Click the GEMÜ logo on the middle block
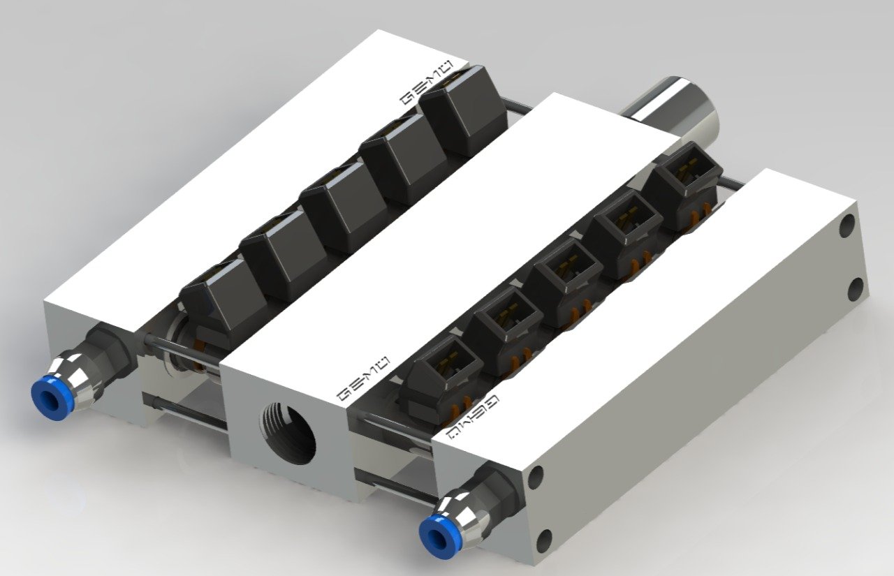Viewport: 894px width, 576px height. tap(363, 376)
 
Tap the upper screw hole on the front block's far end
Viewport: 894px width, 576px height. tap(847, 226)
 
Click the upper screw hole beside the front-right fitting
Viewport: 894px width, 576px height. tap(536, 478)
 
